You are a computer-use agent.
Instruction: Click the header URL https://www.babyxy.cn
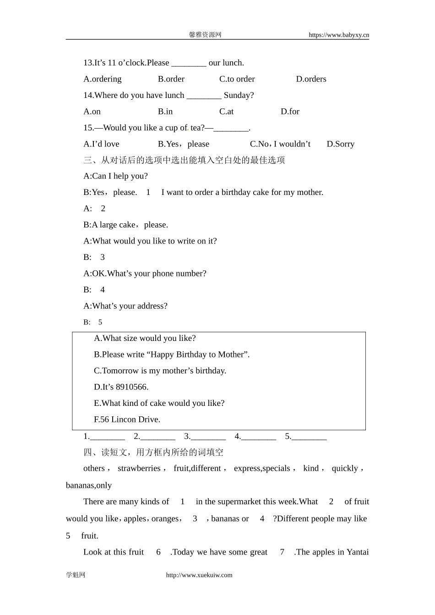[338, 35]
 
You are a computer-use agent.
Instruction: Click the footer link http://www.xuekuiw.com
[199, 575]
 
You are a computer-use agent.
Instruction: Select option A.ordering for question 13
[103, 79]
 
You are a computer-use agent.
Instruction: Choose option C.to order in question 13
[237, 79]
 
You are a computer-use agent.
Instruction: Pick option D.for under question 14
[290, 112]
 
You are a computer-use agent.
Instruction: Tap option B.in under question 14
[165, 112]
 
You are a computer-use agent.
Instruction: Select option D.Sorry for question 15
[340, 144]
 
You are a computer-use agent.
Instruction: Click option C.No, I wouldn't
[280, 144]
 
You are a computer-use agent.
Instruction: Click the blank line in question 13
[189, 63]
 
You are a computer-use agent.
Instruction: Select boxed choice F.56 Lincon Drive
[127, 420]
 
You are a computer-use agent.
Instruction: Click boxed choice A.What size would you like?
[145, 339]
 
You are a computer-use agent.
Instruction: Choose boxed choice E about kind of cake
[159, 403]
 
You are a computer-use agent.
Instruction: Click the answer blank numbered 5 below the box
[309, 437]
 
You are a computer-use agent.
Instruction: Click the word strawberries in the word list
[139, 469]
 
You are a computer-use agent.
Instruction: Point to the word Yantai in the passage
[358, 552]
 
